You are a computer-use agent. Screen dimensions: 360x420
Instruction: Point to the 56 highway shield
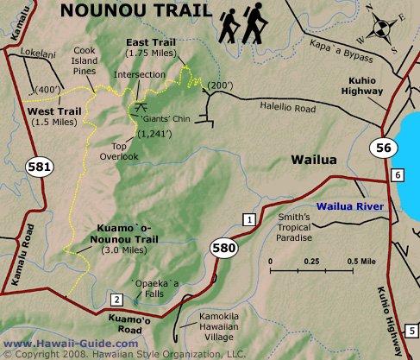click(383, 148)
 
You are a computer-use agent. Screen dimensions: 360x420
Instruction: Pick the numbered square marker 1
click(248, 220)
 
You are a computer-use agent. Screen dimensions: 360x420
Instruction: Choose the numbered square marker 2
click(116, 300)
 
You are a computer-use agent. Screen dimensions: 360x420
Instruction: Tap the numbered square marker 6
click(397, 176)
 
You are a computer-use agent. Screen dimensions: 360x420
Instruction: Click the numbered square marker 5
click(413, 331)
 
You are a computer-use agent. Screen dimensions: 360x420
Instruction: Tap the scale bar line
click(312, 270)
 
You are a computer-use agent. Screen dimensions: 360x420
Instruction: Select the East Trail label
click(151, 47)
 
